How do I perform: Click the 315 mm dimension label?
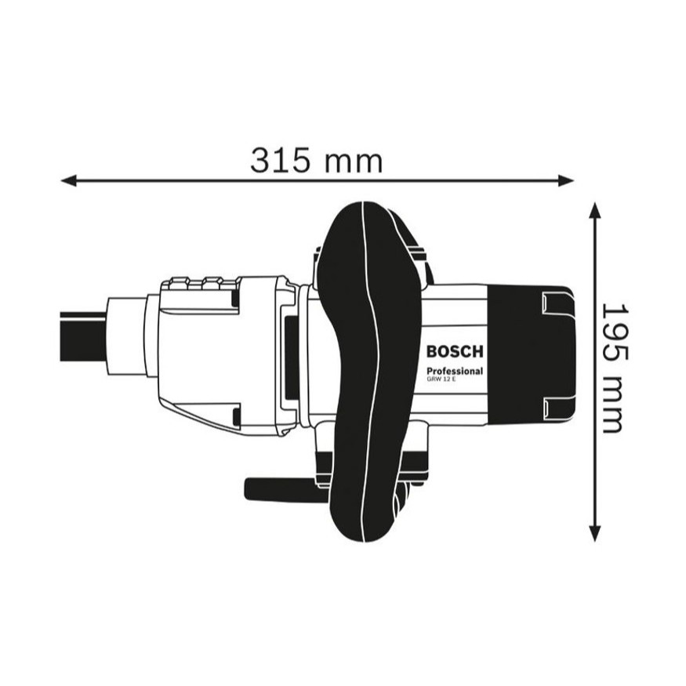(x=316, y=161)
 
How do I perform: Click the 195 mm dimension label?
(x=615, y=368)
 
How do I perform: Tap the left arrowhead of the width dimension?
(x=69, y=180)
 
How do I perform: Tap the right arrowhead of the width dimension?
(x=565, y=180)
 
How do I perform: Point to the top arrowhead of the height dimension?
(x=594, y=210)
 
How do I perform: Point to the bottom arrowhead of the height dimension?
(x=594, y=533)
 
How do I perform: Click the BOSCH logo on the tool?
(x=455, y=351)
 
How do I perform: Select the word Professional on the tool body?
(x=455, y=371)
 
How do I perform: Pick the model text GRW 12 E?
(x=441, y=379)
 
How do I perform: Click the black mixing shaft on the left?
(x=83, y=336)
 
